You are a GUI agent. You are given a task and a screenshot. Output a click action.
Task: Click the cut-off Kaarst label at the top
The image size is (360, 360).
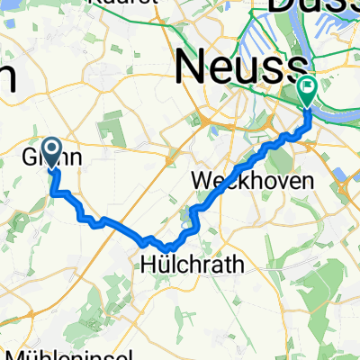(130, 3)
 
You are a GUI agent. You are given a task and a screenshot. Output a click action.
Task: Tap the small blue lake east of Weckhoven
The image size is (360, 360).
(341, 175)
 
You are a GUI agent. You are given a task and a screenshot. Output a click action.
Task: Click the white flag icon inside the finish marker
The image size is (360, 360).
(308, 88)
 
